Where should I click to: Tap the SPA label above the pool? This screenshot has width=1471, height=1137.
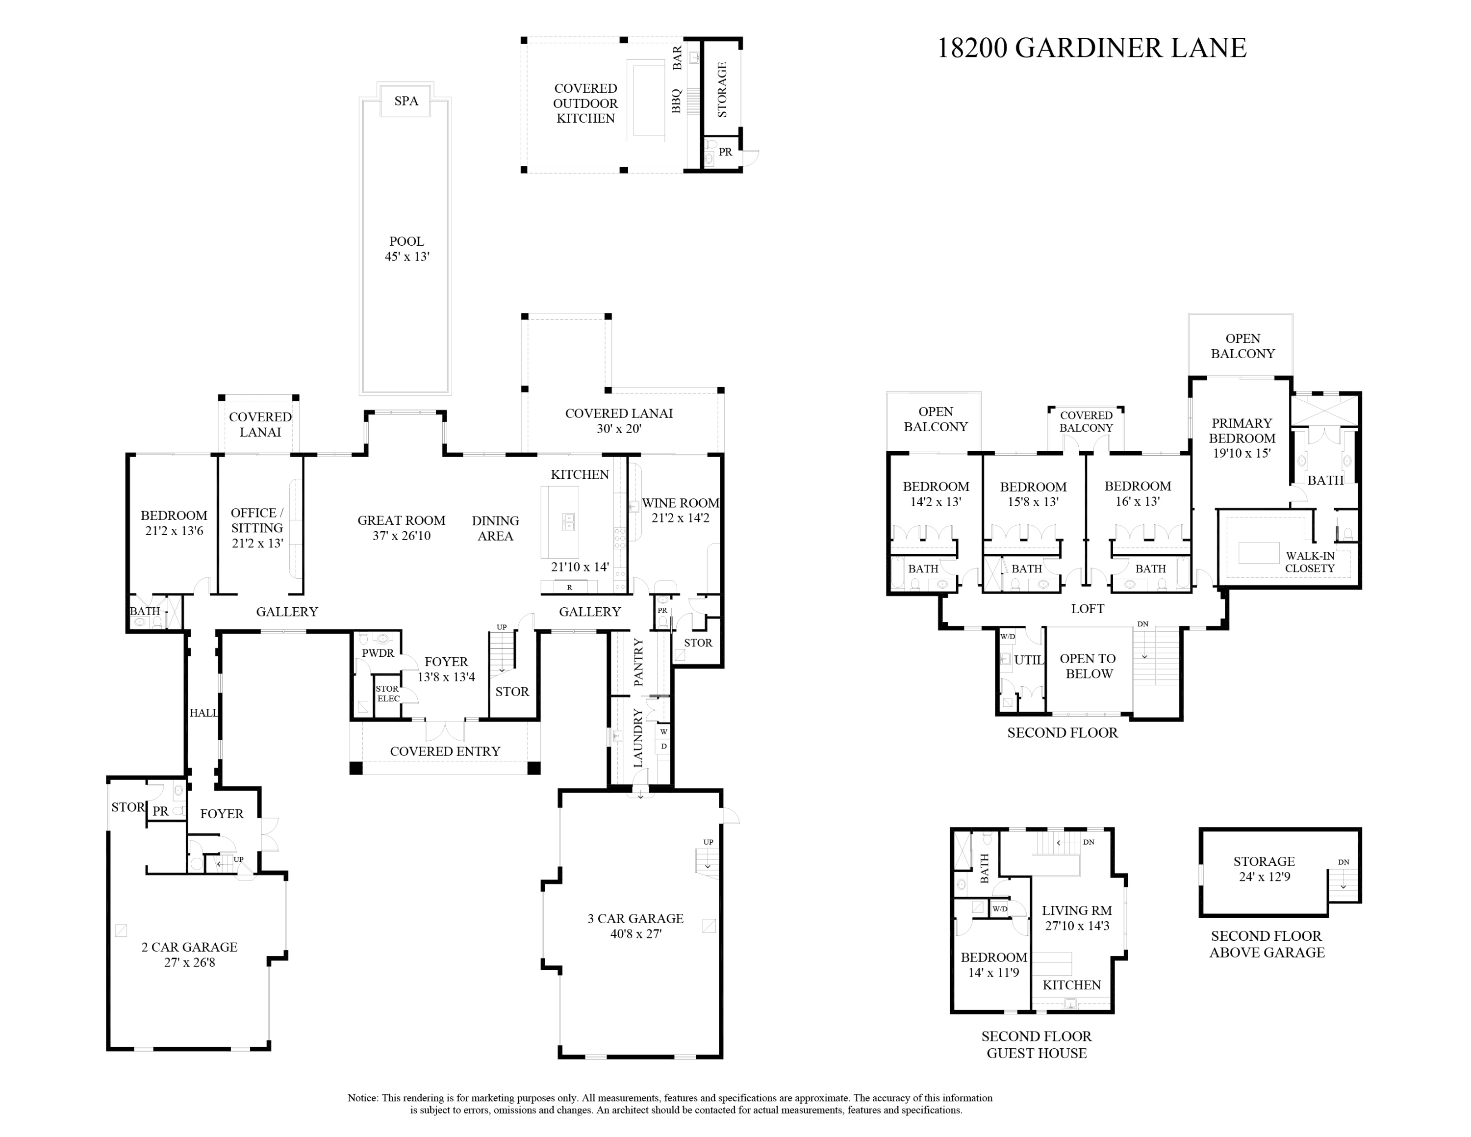tap(406, 101)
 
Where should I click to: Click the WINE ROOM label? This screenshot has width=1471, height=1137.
tap(680, 503)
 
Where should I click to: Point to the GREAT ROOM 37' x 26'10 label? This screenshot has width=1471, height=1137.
tap(402, 528)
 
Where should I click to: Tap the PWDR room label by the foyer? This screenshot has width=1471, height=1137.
tap(378, 653)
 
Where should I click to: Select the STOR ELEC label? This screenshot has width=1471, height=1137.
tap(388, 694)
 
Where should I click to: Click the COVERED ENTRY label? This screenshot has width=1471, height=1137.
tap(445, 751)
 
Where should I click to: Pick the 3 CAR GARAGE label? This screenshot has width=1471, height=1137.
tap(635, 919)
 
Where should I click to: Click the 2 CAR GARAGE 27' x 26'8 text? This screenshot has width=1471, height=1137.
tap(189, 955)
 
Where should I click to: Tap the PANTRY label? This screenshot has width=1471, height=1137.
tap(638, 663)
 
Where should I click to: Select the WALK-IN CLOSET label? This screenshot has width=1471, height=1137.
tap(1309, 562)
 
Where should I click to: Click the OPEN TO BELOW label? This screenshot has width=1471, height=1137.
tap(1088, 666)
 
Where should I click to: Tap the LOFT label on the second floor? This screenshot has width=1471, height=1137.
tap(1087, 609)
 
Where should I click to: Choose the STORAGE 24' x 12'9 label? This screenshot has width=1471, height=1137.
tap(1264, 869)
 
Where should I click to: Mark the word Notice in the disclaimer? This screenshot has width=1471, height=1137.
tap(362, 1098)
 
